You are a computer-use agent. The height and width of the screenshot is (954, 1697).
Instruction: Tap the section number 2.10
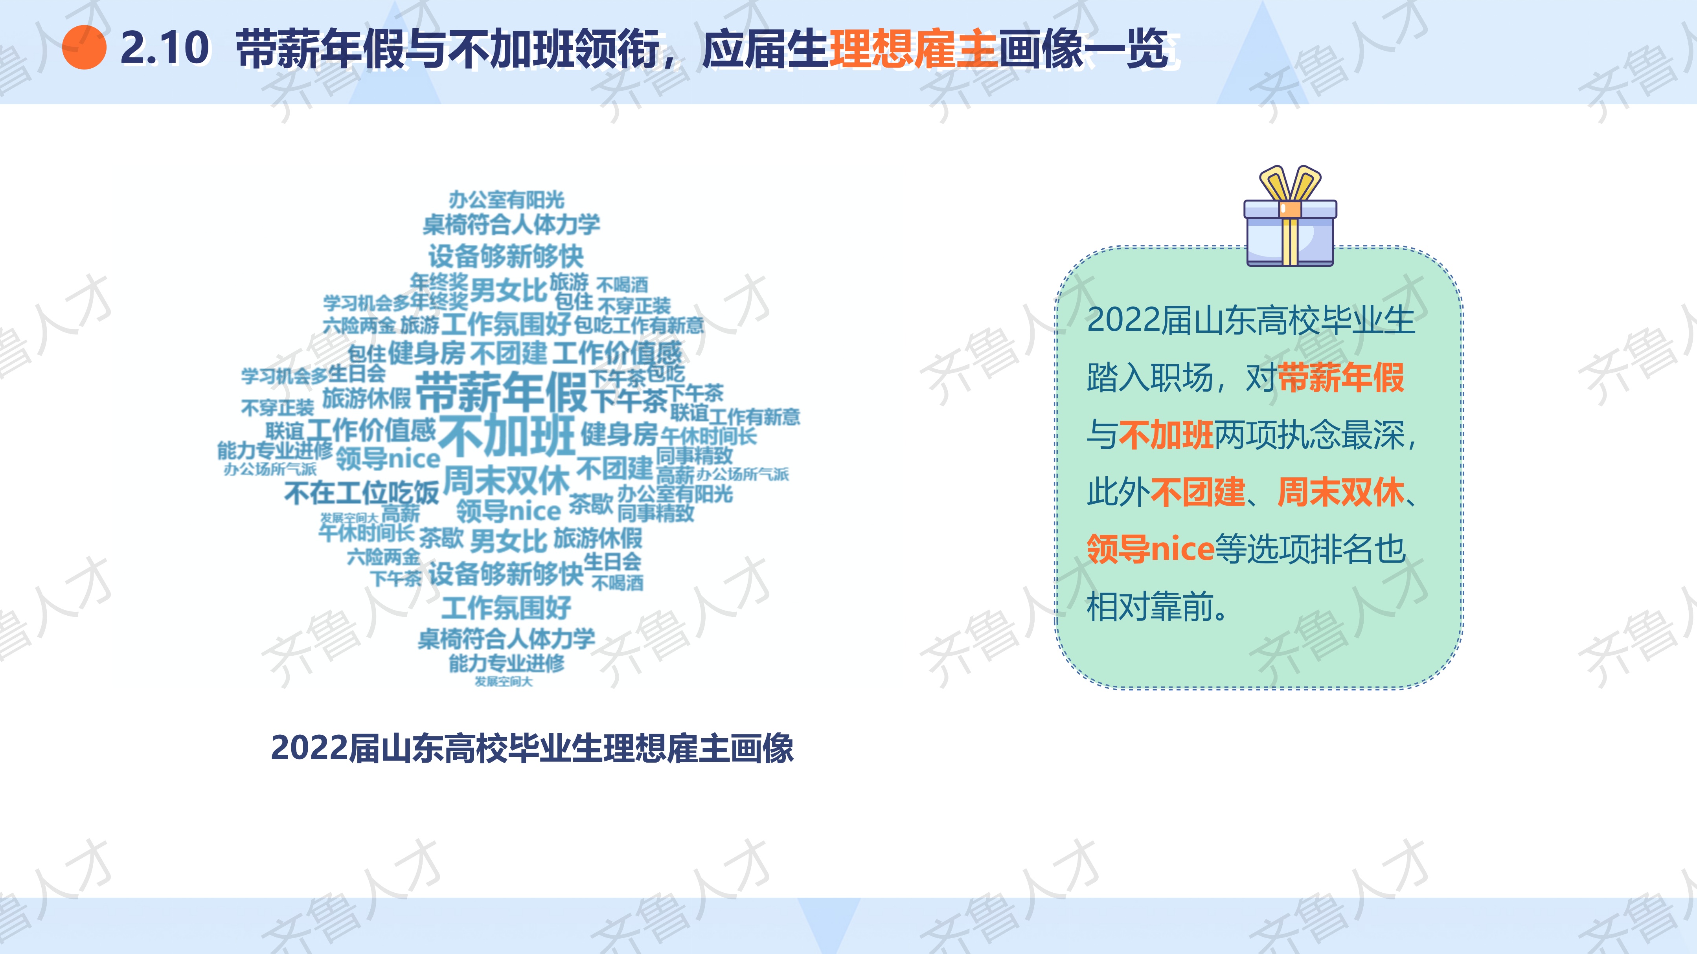click(x=165, y=48)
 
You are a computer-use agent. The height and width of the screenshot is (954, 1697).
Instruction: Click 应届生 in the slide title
click(x=765, y=49)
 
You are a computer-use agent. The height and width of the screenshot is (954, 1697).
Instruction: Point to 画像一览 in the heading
click(x=1084, y=49)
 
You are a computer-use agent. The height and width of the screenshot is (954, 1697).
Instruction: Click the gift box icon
click(x=1290, y=216)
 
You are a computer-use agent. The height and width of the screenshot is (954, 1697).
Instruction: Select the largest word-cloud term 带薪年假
click(x=501, y=391)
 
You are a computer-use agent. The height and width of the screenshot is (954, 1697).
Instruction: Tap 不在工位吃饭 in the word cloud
click(x=362, y=492)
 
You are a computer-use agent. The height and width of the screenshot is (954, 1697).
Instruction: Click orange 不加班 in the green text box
click(x=1166, y=435)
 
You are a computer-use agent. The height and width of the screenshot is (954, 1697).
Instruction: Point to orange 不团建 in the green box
click(x=1198, y=492)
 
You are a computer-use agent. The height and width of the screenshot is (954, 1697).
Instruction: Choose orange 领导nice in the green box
click(x=1150, y=549)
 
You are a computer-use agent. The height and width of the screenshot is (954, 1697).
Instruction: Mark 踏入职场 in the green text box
click(x=1150, y=378)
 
